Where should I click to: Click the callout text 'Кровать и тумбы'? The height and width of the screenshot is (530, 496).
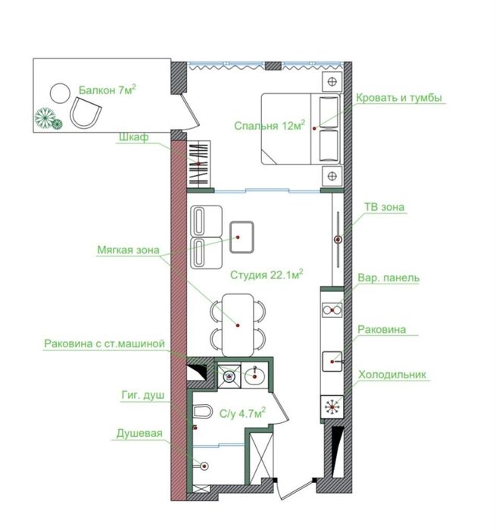(399, 97)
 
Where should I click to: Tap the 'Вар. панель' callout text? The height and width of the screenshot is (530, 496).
(388, 278)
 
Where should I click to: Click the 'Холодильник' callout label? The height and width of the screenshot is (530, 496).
(393, 375)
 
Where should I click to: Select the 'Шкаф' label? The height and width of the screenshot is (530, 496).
(133, 137)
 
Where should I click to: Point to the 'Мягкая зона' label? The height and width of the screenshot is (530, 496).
(127, 249)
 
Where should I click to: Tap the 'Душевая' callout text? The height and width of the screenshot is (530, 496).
(140, 435)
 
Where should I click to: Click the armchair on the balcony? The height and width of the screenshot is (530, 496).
(84, 115)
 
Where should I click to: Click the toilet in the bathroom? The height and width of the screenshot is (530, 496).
(201, 413)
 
